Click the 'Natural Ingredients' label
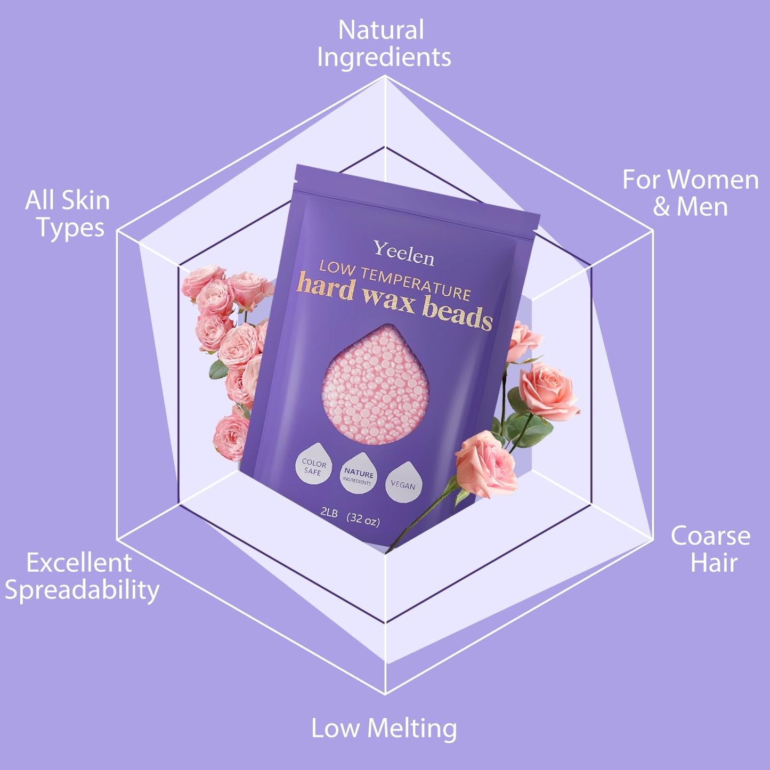pyautogui.click(x=384, y=44)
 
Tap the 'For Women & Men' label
pyautogui.click(x=690, y=193)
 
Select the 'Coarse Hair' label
pyautogui.click(x=711, y=549)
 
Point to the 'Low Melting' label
pyautogui.click(x=384, y=728)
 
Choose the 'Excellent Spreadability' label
pyautogui.click(x=82, y=577)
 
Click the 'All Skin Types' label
pyautogui.click(x=68, y=214)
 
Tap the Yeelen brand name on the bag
pyautogui.click(x=403, y=253)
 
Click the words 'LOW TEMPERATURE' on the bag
pyautogui.click(x=394, y=281)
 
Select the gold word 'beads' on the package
pyautogui.click(x=457, y=314)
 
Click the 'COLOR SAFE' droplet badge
pyautogui.click(x=313, y=466)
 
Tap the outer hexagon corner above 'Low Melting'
pyautogui.click(x=385, y=694)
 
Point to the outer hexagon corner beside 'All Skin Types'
pyautogui.click(x=118, y=232)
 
